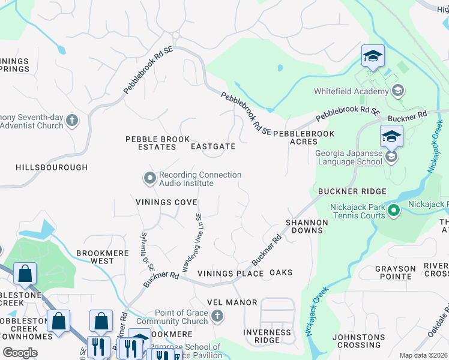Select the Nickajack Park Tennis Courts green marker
(394, 211)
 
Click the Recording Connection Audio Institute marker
(149, 178)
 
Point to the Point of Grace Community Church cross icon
(218, 316)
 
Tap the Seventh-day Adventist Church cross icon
(71, 121)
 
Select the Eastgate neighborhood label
(212, 146)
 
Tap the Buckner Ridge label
(352, 191)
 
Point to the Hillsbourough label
(43, 168)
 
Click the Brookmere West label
(103, 257)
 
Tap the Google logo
(20, 353)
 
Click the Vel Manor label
(232, 302)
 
